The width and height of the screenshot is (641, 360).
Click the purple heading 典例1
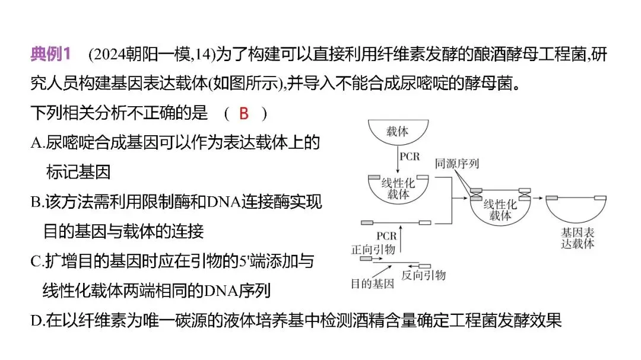[x=50, y=55]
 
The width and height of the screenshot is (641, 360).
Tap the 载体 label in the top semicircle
[x=397, y=131]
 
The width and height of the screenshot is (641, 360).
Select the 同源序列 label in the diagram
[x=456, y=163]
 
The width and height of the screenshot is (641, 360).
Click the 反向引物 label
[x=423, y=275]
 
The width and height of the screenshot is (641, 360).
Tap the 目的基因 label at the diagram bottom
[x=372, y=283]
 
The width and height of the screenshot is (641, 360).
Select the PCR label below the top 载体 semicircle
[x=410, y=157]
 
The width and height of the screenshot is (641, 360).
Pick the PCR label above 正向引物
[x=386, y=237]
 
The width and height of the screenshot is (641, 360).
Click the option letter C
[x=36, y=261]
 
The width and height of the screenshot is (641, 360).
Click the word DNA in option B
[x=223, y=202]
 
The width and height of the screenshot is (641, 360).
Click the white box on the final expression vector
[x=599, y=197]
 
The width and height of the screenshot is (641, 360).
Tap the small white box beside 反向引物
[x=425, y=265]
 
